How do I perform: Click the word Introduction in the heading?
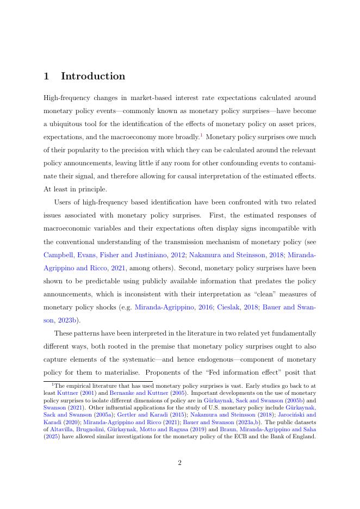click(93, 77)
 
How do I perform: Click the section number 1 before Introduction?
click(47, 77)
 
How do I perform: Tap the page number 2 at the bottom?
click(179, 463)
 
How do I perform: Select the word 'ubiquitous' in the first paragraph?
click(73, 124)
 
